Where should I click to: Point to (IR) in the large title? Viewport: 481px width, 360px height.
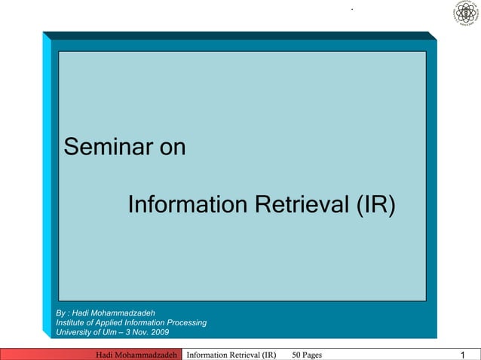click(x=373, y=205)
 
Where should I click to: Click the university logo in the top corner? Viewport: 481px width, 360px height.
click(x=465, y=14)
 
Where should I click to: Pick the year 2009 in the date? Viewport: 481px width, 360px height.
click(x=159, y=332)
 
